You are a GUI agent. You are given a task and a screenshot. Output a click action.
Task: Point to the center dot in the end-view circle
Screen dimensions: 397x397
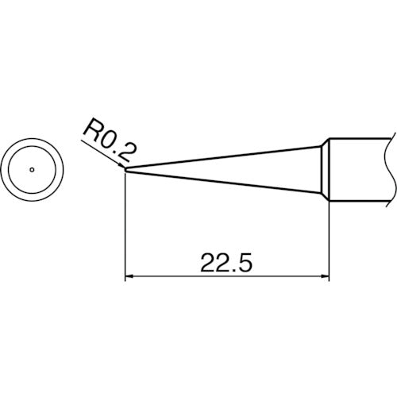coord(32,169)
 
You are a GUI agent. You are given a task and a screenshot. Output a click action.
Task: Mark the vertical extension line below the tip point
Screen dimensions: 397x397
coord(127,230)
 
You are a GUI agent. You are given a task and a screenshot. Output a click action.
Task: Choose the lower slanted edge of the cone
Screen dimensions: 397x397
coord(222,182)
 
